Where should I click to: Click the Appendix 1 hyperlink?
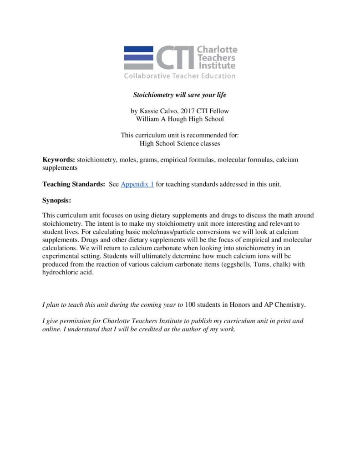click(137, 184)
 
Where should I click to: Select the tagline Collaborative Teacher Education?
click(180, 76)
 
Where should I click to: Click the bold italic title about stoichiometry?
click(179, 95)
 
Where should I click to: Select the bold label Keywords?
click(59, 160)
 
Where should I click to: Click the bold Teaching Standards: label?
click(74, 184)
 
